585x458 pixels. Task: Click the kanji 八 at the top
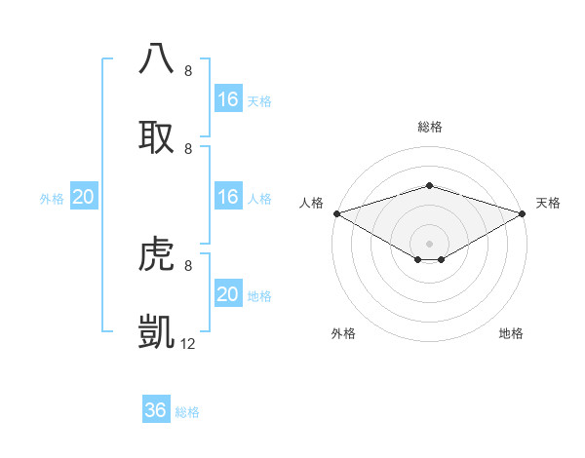pyautogui.click(x=158, y=57)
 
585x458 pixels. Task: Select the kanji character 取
pyautogui.click(x=158, y=135)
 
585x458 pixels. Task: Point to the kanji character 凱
pyautogui.click(x=158, y=331)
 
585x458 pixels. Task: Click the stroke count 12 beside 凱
pyautogui.click(x=188, y=343)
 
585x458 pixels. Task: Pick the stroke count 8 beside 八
pyautogui.click(x=188, y=71)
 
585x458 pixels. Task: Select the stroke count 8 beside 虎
pyautogui.click(x=188, y=265)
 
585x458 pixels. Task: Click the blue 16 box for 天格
pyautogui.click(x=227, y=99)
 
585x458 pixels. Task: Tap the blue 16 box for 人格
pyautogui.click(x=227, y=197)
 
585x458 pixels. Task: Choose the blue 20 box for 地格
pyautogui.click(x=227, y=294)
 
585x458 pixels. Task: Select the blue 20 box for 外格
pyautogui.click(x=83, y=197)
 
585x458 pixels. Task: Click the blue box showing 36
pyautogui.click(x=156, y=410)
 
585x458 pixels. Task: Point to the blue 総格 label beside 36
pyautogui.click(x=187, y=412)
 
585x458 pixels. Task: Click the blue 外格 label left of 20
pyautogui.click(x=52, y=199)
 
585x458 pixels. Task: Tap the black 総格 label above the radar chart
pyautogui.click(x=429, y=127)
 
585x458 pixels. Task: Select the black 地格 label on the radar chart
pyautogui.click(x=511, y=334)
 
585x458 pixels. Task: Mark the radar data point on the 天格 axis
pyautogui.click(x=523, y=212)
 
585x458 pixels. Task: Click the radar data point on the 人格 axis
pyautogui.click(x=335, y=212)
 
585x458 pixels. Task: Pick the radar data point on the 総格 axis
pyautogui.click(x=429, y=185)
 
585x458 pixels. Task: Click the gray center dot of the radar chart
pyautogui.click(x=429, y=243)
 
